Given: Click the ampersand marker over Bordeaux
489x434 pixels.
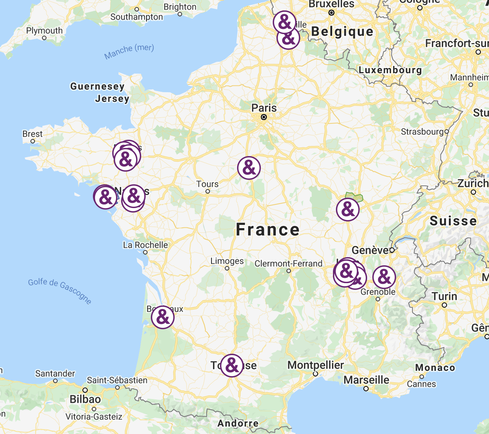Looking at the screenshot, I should [163, 317].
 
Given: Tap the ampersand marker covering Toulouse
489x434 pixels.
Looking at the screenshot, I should [232, 366].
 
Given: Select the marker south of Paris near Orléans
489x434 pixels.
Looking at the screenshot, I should [249, 168].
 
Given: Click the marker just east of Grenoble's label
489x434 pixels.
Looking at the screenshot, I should [384, 277].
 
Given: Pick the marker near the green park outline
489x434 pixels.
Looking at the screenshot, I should [348, 210].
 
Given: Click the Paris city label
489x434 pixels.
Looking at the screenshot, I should [264, 108].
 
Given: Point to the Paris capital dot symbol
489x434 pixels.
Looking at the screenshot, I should [264, 117].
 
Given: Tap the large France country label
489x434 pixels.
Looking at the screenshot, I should [268, 230].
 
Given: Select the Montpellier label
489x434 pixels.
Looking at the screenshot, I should [315, 365].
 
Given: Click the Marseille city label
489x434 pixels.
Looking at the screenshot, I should [366, 380].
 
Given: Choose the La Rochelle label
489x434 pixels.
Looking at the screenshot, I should [145, 245].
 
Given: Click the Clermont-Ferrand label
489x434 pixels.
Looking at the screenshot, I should [288, 264].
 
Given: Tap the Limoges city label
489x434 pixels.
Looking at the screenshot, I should [227, 261].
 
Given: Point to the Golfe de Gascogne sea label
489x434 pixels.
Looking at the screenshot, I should [60, 291].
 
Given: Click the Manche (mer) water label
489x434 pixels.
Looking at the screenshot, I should [129, 51].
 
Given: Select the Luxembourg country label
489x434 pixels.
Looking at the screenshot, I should [390, 70].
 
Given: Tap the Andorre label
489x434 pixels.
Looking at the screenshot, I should [238, 424].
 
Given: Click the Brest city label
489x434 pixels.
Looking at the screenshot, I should [32, 134].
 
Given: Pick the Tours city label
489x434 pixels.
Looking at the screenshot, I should [207, 184].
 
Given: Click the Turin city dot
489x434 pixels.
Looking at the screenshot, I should [444, 305].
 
